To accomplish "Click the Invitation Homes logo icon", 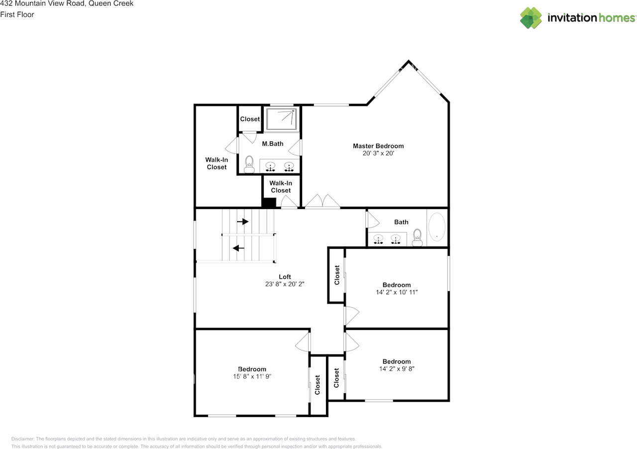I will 531,18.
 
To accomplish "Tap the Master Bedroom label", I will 378,146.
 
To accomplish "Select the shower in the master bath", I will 282,119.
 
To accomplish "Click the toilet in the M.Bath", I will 249,164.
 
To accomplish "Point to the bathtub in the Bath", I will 437,227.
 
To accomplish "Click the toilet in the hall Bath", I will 418,237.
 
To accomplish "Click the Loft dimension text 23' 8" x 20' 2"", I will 285,284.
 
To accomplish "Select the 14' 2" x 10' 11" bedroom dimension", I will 397,292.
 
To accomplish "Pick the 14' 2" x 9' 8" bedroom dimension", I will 397,369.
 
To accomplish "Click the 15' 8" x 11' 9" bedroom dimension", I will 252,376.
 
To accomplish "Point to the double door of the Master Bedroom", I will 322,202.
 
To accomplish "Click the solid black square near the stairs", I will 269,203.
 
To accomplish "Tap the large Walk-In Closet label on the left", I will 216,163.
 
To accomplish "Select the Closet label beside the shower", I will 250,119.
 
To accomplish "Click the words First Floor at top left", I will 17,14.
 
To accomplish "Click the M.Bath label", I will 273,144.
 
